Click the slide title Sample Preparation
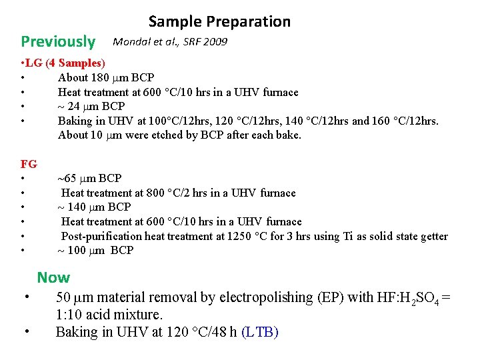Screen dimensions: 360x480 [219, 21]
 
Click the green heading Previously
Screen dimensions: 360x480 [58, 41]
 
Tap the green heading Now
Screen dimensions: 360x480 [53, 277]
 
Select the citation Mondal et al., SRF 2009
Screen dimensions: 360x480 [170, 42]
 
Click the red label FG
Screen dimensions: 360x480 [29, 163]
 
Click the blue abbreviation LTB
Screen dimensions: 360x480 [259, 331]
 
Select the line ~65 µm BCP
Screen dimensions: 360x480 [89, 178]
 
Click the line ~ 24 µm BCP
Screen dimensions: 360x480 [91, 106]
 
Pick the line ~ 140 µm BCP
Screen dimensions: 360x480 [94, 207]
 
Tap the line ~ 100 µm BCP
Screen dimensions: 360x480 [95, 250]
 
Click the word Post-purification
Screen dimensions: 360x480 [101, 236]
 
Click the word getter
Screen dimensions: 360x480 [432, 236]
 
